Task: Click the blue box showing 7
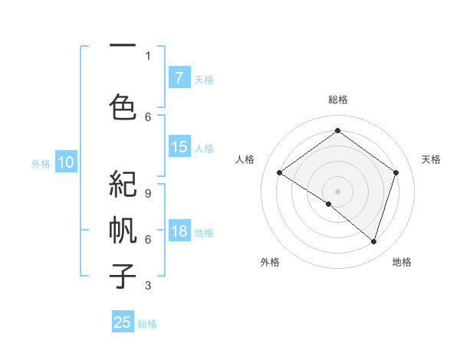point(179,78)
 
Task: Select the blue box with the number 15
point(179,148)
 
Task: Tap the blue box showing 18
point(179,232)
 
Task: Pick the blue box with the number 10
point(65,162)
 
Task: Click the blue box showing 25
point(123,322)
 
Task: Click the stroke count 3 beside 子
point(148,286)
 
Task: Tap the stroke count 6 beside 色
point(148,116)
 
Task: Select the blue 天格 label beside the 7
point(204,79)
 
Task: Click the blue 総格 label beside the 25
point(147,324)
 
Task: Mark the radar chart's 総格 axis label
point(337,100)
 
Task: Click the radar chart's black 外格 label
point(270,262)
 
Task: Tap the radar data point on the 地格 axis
point(373,241)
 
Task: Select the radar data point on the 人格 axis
point(279,173)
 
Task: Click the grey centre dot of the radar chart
point(337,191)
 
